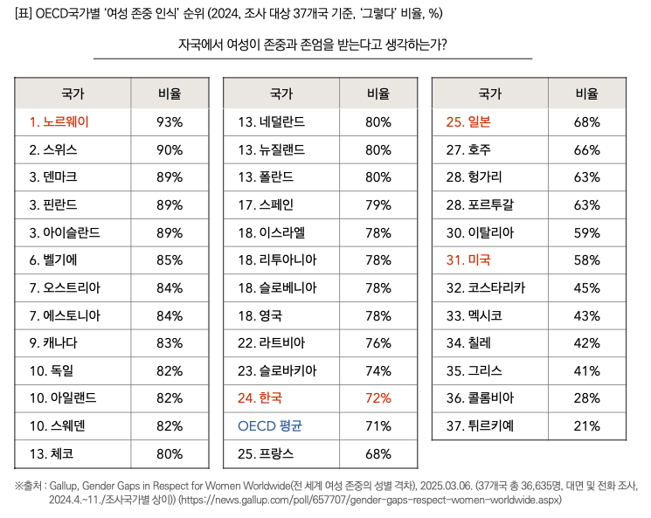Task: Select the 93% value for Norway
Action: coord(170,121)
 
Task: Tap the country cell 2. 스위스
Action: coord(53,149)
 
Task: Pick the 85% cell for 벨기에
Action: coord(170,259)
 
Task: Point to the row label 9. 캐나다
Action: coord(53,342)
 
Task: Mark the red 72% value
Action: coord(378,397)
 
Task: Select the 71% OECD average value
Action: coord(378,425)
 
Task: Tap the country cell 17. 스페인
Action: coord(266,204)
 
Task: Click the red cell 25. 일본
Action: coord(469,121)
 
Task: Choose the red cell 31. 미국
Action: coord(469,259)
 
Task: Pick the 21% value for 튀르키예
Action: coord(587,425)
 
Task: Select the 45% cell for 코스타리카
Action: coord(587,287)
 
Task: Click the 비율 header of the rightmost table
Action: coord(587,93)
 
